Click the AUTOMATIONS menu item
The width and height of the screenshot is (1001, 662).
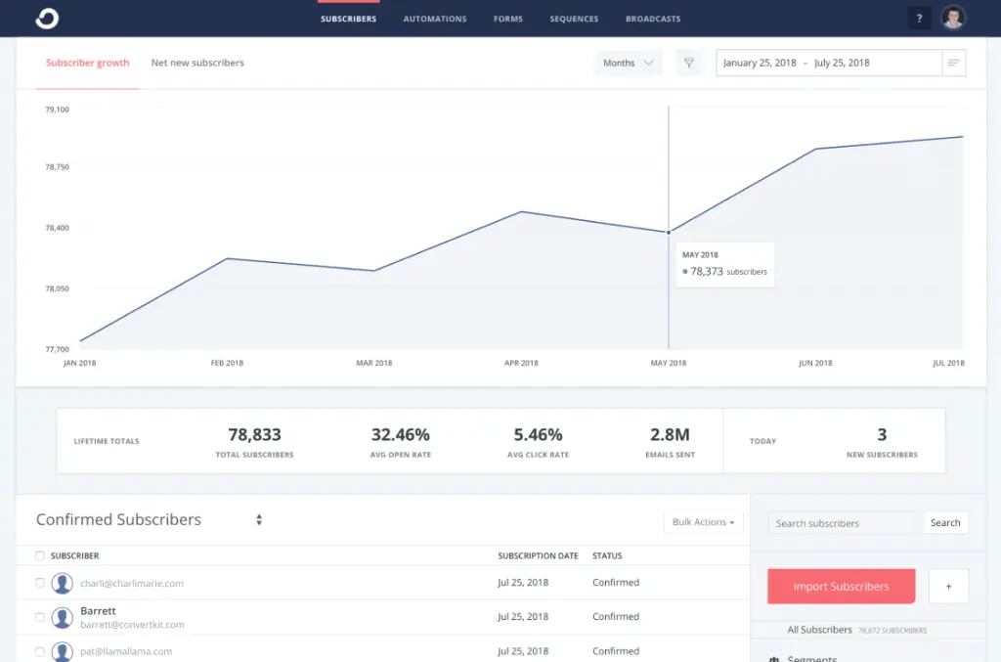435,19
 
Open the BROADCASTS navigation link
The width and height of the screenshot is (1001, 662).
653,19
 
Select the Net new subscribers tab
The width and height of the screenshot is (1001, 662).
197,63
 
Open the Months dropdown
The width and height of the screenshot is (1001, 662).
628,63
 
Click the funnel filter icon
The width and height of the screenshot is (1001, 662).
689,63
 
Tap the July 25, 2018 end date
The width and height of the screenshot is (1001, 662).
842,63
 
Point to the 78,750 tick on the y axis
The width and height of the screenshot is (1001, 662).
57,167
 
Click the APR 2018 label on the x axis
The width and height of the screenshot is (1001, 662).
521,363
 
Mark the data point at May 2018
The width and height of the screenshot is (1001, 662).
669,233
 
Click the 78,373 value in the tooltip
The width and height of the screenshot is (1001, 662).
707,272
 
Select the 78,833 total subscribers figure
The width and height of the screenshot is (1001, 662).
254,435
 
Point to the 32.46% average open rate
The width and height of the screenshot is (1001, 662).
400,435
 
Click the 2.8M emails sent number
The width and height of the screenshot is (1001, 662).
670,435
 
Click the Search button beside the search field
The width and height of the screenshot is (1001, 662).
945,523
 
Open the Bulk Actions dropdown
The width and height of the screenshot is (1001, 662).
703,522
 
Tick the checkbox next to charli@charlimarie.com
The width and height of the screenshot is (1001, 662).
40,583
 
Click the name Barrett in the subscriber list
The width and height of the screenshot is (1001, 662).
98,611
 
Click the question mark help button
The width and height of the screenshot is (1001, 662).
919,19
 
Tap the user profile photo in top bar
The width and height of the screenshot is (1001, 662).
953,18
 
